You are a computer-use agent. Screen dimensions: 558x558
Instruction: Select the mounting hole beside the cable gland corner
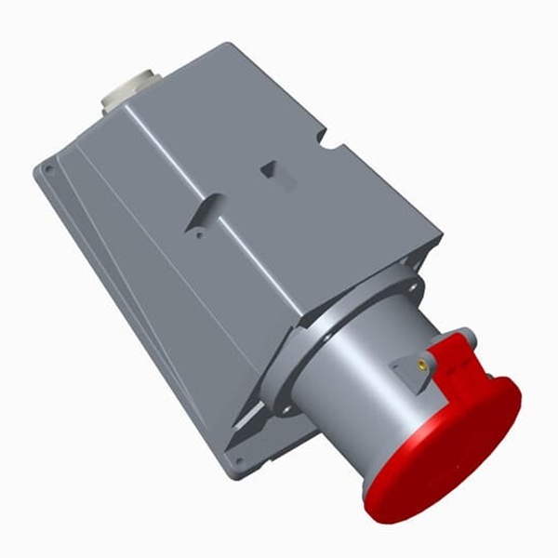(48, 169)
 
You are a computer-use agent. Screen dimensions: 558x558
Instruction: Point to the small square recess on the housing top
(269, 168)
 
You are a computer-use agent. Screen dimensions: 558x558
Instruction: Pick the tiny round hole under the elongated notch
(198, 234)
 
